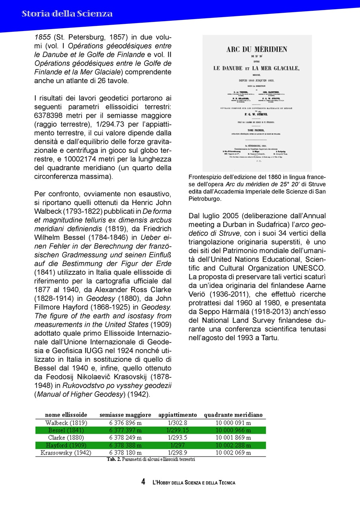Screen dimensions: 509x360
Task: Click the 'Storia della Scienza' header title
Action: [67, 14]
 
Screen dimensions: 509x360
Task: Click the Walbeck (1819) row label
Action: [66, 423]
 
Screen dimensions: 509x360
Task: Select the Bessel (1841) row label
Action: [66, 430]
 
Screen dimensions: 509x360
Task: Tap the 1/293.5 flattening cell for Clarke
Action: [177, 438]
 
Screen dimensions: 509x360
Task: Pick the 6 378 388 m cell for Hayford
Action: [125, 445]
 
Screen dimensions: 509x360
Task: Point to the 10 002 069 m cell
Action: [233, 453]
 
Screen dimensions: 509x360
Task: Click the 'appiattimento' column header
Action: [177, 415]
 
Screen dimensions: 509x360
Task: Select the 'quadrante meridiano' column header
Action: [233, 415]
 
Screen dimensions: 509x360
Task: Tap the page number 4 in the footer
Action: [143, 482]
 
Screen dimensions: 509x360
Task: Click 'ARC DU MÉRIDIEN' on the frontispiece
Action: [257, 50]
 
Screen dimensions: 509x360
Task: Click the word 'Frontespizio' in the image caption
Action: [206, 177]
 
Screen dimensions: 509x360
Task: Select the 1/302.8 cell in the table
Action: [177, 423]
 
